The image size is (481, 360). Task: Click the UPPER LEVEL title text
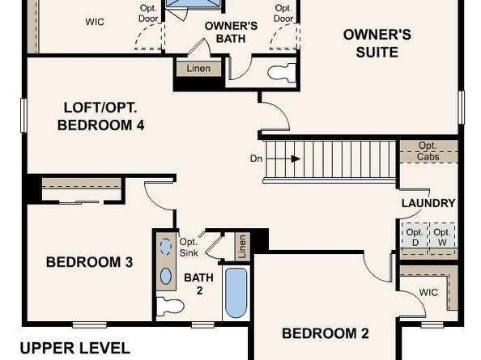pyautogui.click(x=75, y=349)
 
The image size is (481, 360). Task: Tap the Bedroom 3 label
pyautogui.click(x=90, y=262)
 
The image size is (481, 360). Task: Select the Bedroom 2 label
pyautogui.click(x=326, y=333)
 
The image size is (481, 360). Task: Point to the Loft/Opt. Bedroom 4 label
pyautogui.click(x=100, y=116)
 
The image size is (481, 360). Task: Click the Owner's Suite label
pyautogui.click(x=377, y=43)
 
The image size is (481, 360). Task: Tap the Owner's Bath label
pyautogui.click(x=231, y=32)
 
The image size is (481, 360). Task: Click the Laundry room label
pyautogui.click(x=428, y=203)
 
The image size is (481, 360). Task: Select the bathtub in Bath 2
pyautogui.click(x=236, y=294)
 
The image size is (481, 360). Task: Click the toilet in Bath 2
pyautogui.click(x=170, y=306)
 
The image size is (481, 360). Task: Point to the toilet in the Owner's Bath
pyautogui.click(x=282, y=73)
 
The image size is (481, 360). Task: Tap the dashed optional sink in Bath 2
pyautogui.click(x=166, y=247)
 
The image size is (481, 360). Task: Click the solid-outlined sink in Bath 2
pyautogui.click(x=166, y=276)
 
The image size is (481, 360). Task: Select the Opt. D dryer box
pyautogui.click(x=415, y=236)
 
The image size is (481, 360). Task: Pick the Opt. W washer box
pyautogui.click(x=442, y=236)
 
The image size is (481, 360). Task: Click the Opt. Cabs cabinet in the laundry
pyautogui.click(x=428, y=151)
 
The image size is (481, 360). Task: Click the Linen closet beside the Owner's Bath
pyautogui.click(x=198, y=69)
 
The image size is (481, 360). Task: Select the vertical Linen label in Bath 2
pyautogui.click(x=242, y=246)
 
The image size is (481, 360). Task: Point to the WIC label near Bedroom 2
pyautogui.click(x=428, y=292)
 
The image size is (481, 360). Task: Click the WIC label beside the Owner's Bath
pyautogui.click(x=95, y=22)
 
